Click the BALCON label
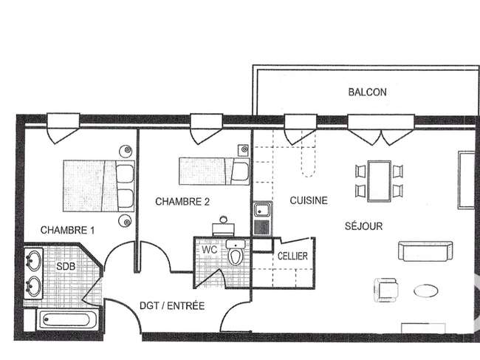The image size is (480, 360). (x=367, y=92)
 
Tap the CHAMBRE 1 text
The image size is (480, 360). (x=68, y=230)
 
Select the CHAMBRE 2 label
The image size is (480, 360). (x=182, y=202)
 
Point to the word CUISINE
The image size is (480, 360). (x=309, y=200)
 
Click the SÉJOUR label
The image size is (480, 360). (x=363, y=226)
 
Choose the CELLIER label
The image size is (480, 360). (x=292, y=256)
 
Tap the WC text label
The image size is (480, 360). (x=210, y=249)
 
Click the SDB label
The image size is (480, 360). (x=66, y=266)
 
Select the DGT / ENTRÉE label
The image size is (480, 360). (x=172, y=306)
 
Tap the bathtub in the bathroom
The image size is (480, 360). (x=67, y=319)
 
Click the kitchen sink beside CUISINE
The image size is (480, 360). (x=262, y=211)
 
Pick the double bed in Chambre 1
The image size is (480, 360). (x=99, y=186)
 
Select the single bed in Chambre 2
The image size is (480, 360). (x=214, y=171)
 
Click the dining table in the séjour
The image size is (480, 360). (x=380, y=181)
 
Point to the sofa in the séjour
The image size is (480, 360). (x=425, y=251)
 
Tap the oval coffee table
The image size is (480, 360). (x=426, y=291)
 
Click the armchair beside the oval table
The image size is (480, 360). (x=386, y=290)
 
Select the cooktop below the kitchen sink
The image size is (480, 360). (x=262, y=228)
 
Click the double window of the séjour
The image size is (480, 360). (x=381, y=129)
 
